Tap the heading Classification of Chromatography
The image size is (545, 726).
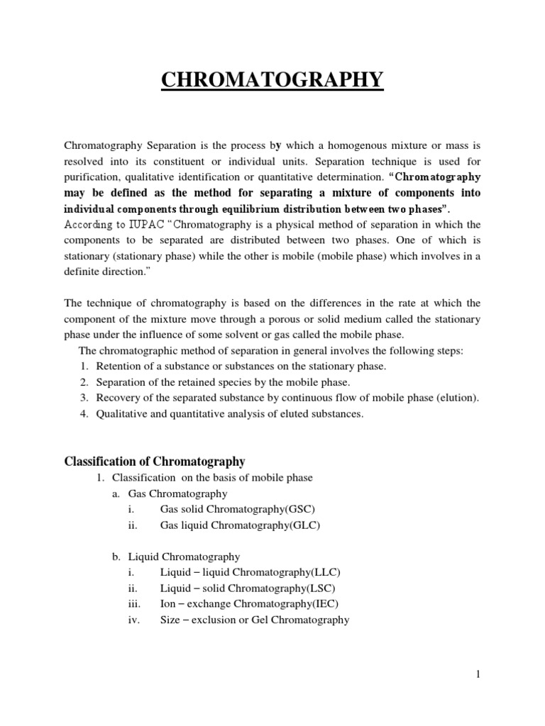click(x=155, y=462)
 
